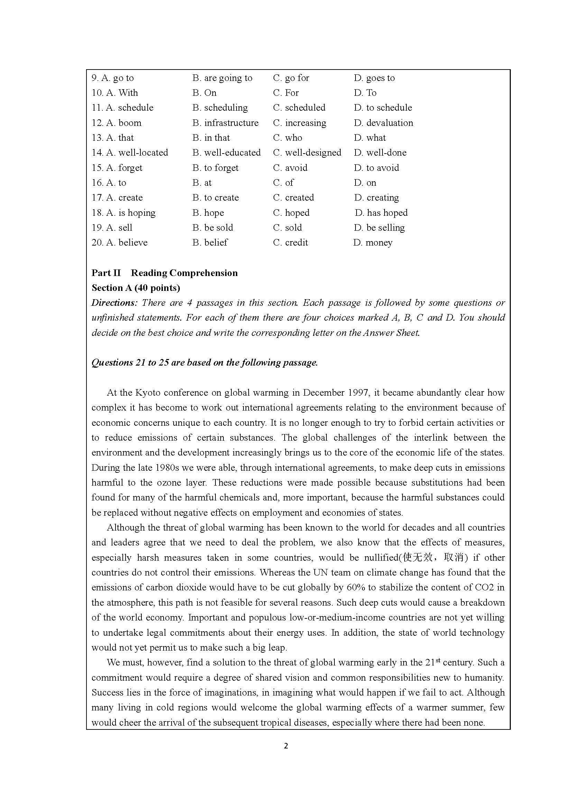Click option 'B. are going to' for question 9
tap(222, 78)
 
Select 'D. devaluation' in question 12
tap(383, 123)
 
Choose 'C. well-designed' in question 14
tap(307, 153)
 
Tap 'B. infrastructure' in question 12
tap(225, 123)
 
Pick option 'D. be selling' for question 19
tap(379, 228)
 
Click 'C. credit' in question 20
tap(290, 242)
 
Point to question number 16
tap(97, 183)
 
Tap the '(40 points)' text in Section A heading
tap(157, 288)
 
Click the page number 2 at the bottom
tap(286, 746)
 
